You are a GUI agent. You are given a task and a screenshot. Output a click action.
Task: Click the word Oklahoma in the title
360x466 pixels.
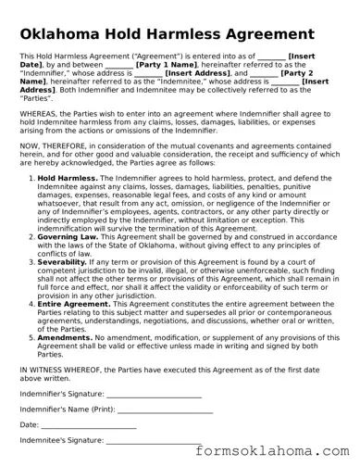[68, 34]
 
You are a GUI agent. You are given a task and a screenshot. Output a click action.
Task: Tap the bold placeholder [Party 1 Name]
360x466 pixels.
[167, 65]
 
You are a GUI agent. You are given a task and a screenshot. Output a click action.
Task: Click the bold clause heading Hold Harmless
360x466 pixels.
[61, 177]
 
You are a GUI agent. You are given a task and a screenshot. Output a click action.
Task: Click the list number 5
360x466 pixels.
[31, 338]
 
